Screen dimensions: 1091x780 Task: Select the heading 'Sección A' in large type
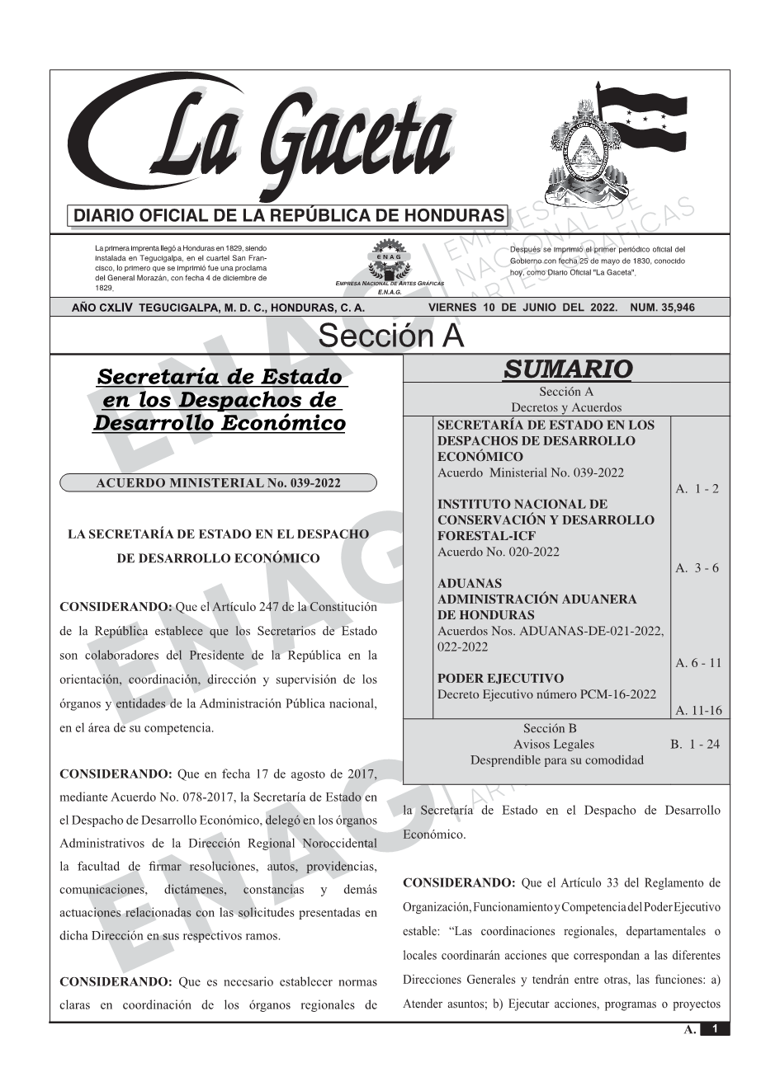click(390, 336)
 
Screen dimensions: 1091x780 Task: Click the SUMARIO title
click(567, 369)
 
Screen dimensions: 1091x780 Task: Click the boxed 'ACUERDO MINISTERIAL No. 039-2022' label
click(218, 483)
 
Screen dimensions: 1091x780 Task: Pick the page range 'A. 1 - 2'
click(697, 489)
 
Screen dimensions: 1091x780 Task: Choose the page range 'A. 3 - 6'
click(697, 568)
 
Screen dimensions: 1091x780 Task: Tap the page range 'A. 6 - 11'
click(698, 663)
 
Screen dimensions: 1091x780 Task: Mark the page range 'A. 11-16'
click(698, 711)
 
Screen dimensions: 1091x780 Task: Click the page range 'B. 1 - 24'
click(694, 745)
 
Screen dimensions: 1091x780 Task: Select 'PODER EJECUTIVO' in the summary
click(500, 679)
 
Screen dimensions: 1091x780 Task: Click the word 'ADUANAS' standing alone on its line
click(470, 584)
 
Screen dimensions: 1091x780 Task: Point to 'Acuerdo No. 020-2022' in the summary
click(499, 552)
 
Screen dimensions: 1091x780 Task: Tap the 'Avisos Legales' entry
click(553, 745)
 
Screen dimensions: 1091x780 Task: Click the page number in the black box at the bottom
click(715, 1029)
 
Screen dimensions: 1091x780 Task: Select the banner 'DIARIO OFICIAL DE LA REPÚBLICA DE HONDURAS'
click(289, 216)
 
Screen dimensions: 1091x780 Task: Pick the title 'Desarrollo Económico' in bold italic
click(219, 423)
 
